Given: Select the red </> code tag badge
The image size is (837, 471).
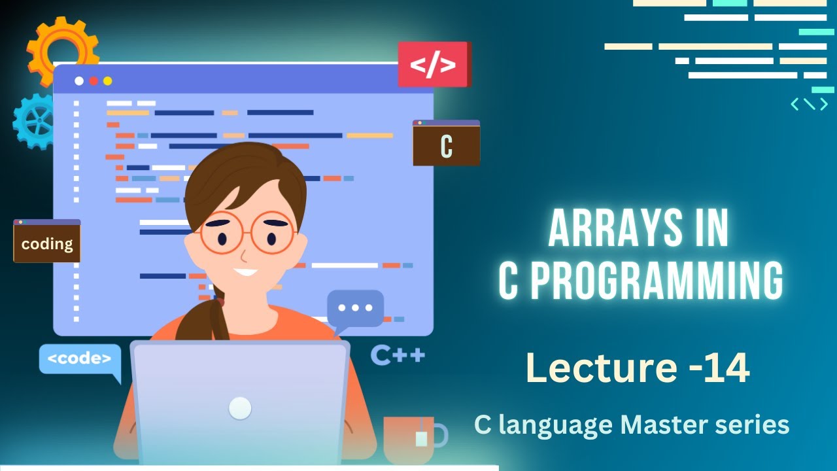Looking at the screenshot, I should pos(433,65).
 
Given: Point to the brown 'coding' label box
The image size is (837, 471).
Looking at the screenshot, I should pos(47,243).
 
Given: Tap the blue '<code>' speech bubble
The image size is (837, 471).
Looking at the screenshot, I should pos(80,359).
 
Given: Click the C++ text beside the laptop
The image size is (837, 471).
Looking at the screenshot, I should pos(398,355).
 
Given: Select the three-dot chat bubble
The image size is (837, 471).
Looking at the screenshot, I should pos(355,308).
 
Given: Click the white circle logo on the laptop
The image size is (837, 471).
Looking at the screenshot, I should pos(240,408).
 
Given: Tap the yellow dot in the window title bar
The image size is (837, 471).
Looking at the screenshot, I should pos(108,81).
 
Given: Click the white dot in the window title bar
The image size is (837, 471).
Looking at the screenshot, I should pos(79,81).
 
